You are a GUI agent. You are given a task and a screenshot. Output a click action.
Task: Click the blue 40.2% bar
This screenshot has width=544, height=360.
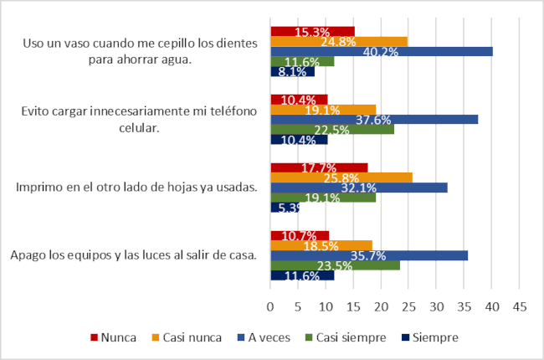pyautogui.click(x=381, y=52)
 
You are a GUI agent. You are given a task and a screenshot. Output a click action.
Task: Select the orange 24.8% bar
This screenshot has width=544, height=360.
pyautogui.click(x=339, y=41)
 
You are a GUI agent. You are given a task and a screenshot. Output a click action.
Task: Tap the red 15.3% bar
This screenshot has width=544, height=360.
pyautogui.click(x=312, y=32)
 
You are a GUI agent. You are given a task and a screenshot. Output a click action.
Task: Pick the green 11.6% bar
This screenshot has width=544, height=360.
pyautogui.click(x=302, y=62)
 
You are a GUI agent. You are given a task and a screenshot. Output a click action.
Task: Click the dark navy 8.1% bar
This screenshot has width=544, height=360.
pyautogui.click(x=292, y=72)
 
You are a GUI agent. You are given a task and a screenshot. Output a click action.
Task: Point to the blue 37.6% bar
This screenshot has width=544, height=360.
pyautogui.click(x=374, y=119)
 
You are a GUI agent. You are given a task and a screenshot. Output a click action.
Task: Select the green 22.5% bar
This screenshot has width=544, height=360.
pyautogui.click(x=332, y=129)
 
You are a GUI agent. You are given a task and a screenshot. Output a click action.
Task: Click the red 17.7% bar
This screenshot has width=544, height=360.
pyautogui.click(x=319, y=167)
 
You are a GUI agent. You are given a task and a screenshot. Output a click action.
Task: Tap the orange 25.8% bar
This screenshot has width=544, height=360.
pyautogui.click(x=341, y=177)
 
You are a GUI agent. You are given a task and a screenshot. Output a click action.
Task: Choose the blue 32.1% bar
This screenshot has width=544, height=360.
pyautogui.click(x=359, y=188)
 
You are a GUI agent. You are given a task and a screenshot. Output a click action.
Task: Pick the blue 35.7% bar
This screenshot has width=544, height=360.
pyautogui.click(x=369, y=255)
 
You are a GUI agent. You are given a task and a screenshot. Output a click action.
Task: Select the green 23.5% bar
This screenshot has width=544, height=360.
pyautogui.click(x=335, y=265)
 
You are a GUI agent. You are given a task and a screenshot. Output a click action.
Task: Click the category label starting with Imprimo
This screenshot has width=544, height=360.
pyautogui.click(x=136, y=187)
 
